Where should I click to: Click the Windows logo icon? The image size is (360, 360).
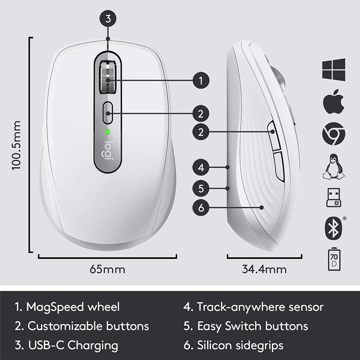pyautogui.click(x=333, y=69)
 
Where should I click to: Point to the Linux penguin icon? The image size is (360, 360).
pyautogui.click(x=333, y=166)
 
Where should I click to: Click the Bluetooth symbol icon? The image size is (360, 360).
pyautogui.click(x=333, y=227)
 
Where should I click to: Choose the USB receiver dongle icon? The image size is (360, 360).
pyautogui.click(x=333, y=197)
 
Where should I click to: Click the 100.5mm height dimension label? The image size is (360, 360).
pyautogui.click(x=17, y=145)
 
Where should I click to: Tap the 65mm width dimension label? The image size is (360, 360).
pyautogui.click(x=107, y=270)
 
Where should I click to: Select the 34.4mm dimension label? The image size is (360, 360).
pyautogui.click(x=264, y=270)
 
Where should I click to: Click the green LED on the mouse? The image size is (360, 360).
pyautogui.click(x=108, y=132)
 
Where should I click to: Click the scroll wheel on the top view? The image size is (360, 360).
pyautogui.click(x=108, y=77)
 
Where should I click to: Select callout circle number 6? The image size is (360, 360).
pyautogui.click(x=201, y=207)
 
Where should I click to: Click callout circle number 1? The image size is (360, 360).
pyautogui.click(x=201, y=81)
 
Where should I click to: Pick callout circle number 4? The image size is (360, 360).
pyautogui.click(x=201, y=168)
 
